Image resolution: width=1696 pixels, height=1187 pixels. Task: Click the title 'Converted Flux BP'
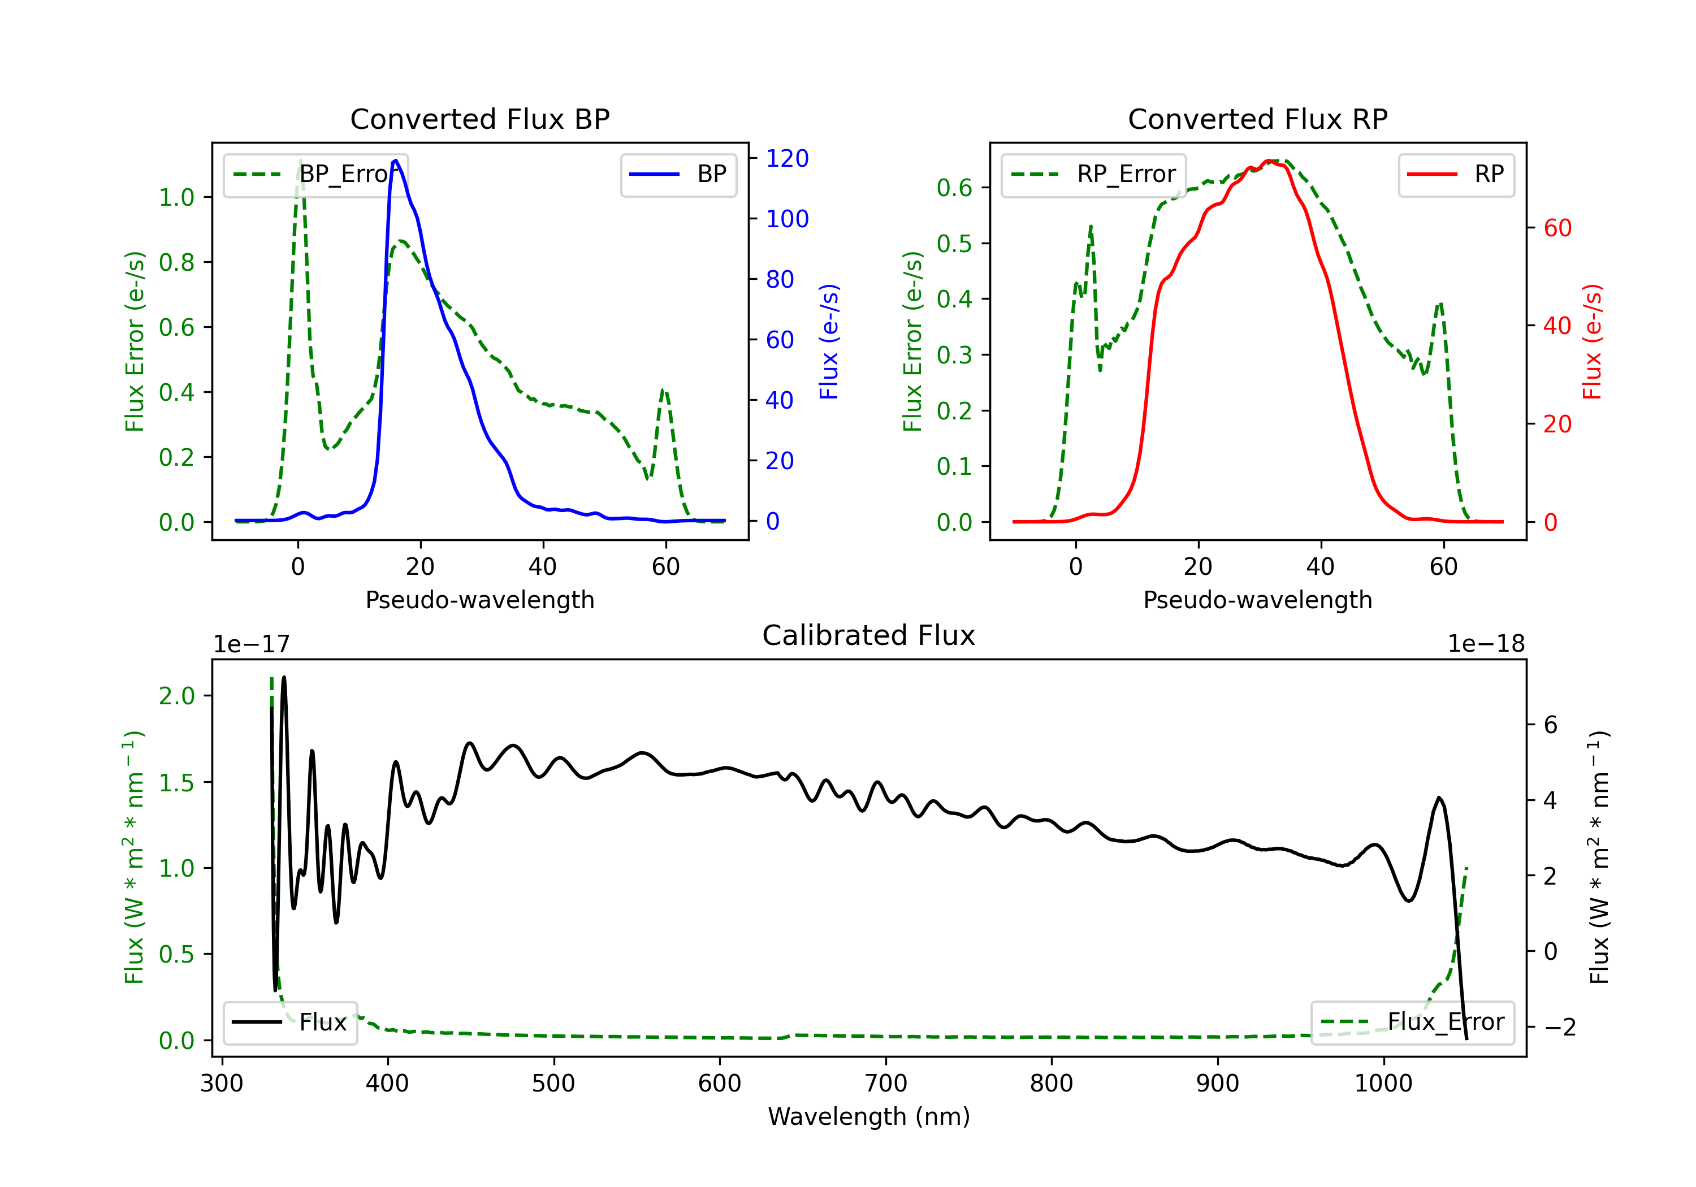pos(479,119)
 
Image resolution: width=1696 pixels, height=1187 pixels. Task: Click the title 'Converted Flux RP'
pos(1257,119)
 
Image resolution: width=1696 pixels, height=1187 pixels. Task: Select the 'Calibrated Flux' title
pos(869,635)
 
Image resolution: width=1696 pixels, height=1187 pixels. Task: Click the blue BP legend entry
pos(678,174)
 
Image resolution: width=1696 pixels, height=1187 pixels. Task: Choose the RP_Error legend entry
pos(1093,174)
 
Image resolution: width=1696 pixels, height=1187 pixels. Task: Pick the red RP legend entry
pos(1456,174)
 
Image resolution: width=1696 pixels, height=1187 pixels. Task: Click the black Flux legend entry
pos(289,1023)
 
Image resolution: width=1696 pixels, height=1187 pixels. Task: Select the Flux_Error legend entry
pos(1412,1023)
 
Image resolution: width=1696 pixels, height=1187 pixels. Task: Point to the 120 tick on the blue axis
pos(787,158)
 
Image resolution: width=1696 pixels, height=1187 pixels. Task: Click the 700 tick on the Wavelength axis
pos(886,1083)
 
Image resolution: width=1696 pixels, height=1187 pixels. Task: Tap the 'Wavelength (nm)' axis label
pos(869,1117)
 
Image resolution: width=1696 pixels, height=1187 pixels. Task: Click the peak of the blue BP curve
pos(396,161)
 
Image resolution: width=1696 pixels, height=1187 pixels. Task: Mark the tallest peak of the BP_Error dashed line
pos(300,161)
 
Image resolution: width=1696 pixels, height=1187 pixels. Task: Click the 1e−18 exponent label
pos(1486,644)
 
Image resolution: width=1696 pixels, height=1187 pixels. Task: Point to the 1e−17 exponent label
pos(251,644)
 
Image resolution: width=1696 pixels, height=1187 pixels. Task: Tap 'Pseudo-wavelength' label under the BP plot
pos(480,600)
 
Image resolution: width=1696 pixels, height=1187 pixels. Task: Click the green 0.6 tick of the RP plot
pos(954,188)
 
